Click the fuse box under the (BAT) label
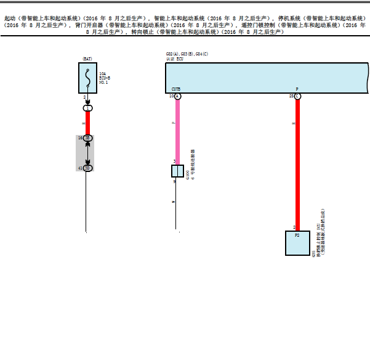pos(88,78)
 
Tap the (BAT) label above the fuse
pos(87,59)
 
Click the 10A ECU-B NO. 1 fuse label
pos(103,78)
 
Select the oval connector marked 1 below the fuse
pos(87,108)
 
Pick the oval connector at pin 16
pos(87,138)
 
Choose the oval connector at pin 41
pos(87,168)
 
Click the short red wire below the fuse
pos(87,123)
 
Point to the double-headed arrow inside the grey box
pos(87,153)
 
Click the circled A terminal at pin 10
pos(177,97)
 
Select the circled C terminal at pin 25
pos(297,97)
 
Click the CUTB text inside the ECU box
pos(176,89)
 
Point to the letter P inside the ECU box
pos(297,89)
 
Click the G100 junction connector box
pos(177,171)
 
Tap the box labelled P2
pos(297,243)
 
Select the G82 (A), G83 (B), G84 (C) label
pos(187,54)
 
